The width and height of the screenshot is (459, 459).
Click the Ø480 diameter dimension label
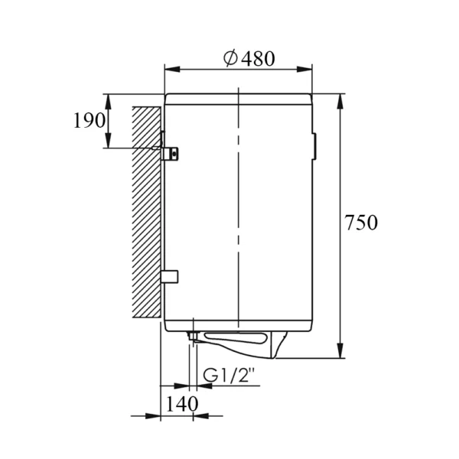[x=249, y=59]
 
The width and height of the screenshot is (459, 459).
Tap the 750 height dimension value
[x=361, y=223]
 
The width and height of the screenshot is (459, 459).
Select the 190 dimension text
[x=89, y=120]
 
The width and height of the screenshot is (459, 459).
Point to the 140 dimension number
[x=182, y=404]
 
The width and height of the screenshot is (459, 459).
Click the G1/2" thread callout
[x=228, y=375]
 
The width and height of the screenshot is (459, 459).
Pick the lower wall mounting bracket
[x=170, y=277]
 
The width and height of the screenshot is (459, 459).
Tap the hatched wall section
[x=146, y=212]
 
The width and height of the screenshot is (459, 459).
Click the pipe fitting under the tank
[x=194, y=336]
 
